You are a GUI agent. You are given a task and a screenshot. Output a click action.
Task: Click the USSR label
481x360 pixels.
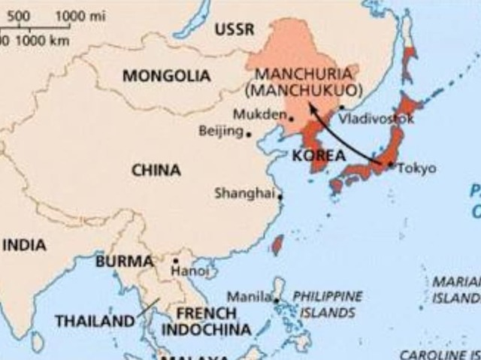coord(234,30)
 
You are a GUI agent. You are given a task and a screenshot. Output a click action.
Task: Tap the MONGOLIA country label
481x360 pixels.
coord(166,76)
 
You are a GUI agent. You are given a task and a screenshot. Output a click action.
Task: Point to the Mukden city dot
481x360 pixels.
coord(292,118)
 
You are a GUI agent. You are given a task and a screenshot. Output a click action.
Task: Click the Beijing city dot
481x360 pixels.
coord(249,135)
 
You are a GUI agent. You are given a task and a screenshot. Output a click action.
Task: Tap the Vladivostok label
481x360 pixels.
coord(376,119)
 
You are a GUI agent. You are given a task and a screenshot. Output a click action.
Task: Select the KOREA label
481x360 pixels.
coord(317,156)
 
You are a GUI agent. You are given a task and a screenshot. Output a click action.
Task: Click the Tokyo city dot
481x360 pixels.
coord(390,165)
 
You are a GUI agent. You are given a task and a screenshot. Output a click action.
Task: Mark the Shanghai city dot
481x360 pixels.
coord(280,198)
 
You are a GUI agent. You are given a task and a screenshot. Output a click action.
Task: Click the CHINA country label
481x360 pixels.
coord(156,170)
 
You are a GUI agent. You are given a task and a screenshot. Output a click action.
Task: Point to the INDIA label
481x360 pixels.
coord(24,245)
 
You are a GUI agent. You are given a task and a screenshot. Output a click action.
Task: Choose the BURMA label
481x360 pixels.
coord(124,262)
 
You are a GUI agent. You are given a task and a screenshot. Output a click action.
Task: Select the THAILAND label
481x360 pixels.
coord(94,321)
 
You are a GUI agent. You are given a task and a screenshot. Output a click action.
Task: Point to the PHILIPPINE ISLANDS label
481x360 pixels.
coord(327,304)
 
